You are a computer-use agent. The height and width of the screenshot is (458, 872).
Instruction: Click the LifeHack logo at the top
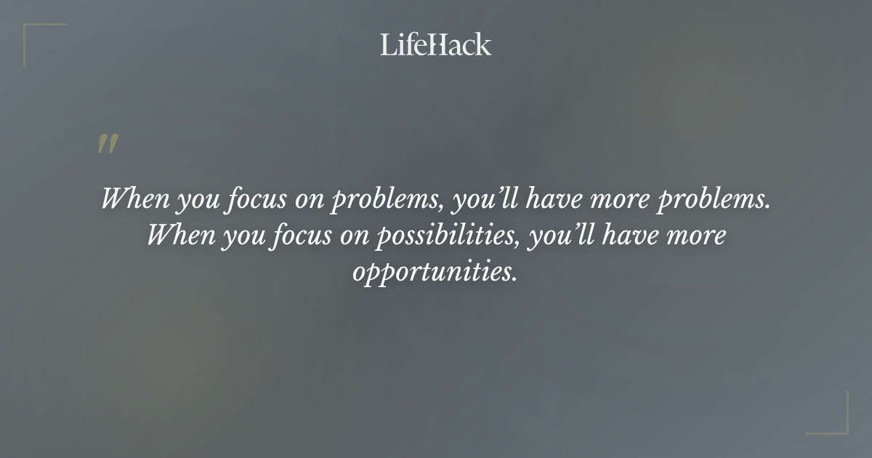436,44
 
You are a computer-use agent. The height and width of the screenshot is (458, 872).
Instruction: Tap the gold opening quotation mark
108,144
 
